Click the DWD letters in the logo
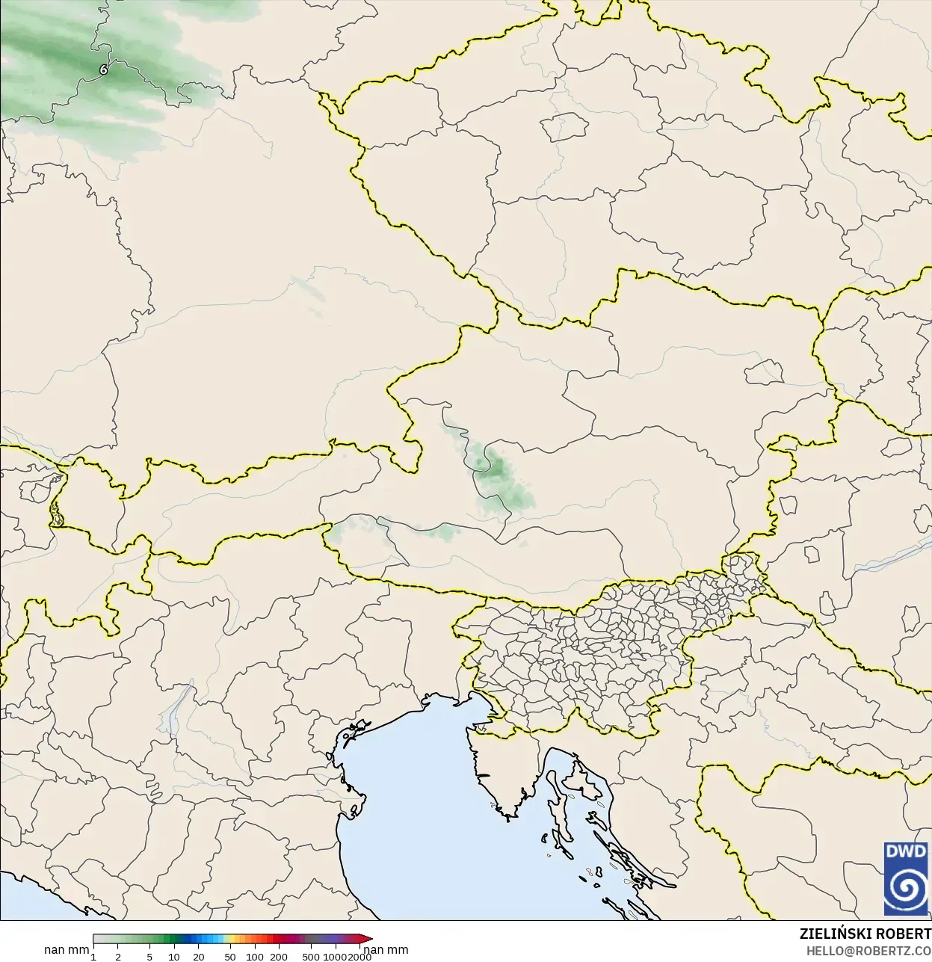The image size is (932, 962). point(905,851)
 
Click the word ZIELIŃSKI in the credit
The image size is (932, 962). point(833,934)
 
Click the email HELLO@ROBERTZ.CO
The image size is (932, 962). point(868,951)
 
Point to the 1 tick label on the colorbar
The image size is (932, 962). point(93,957)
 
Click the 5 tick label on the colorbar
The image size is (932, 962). point(149,957)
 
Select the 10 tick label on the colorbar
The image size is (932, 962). point(174,957)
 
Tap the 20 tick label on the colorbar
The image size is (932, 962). point(199,957)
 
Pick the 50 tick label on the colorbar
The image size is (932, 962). point(230,957)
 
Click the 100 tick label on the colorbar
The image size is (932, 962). point(255,957)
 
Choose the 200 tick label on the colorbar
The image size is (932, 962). point(279,957)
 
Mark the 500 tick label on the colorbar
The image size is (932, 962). point(311,957)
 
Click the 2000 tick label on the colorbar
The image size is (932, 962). point(359,957)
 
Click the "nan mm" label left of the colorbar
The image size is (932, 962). point(67,950)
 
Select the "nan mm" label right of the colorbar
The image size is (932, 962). point(386,950)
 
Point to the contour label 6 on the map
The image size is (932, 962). point(103,70)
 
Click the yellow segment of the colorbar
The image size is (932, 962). point(232,939)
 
